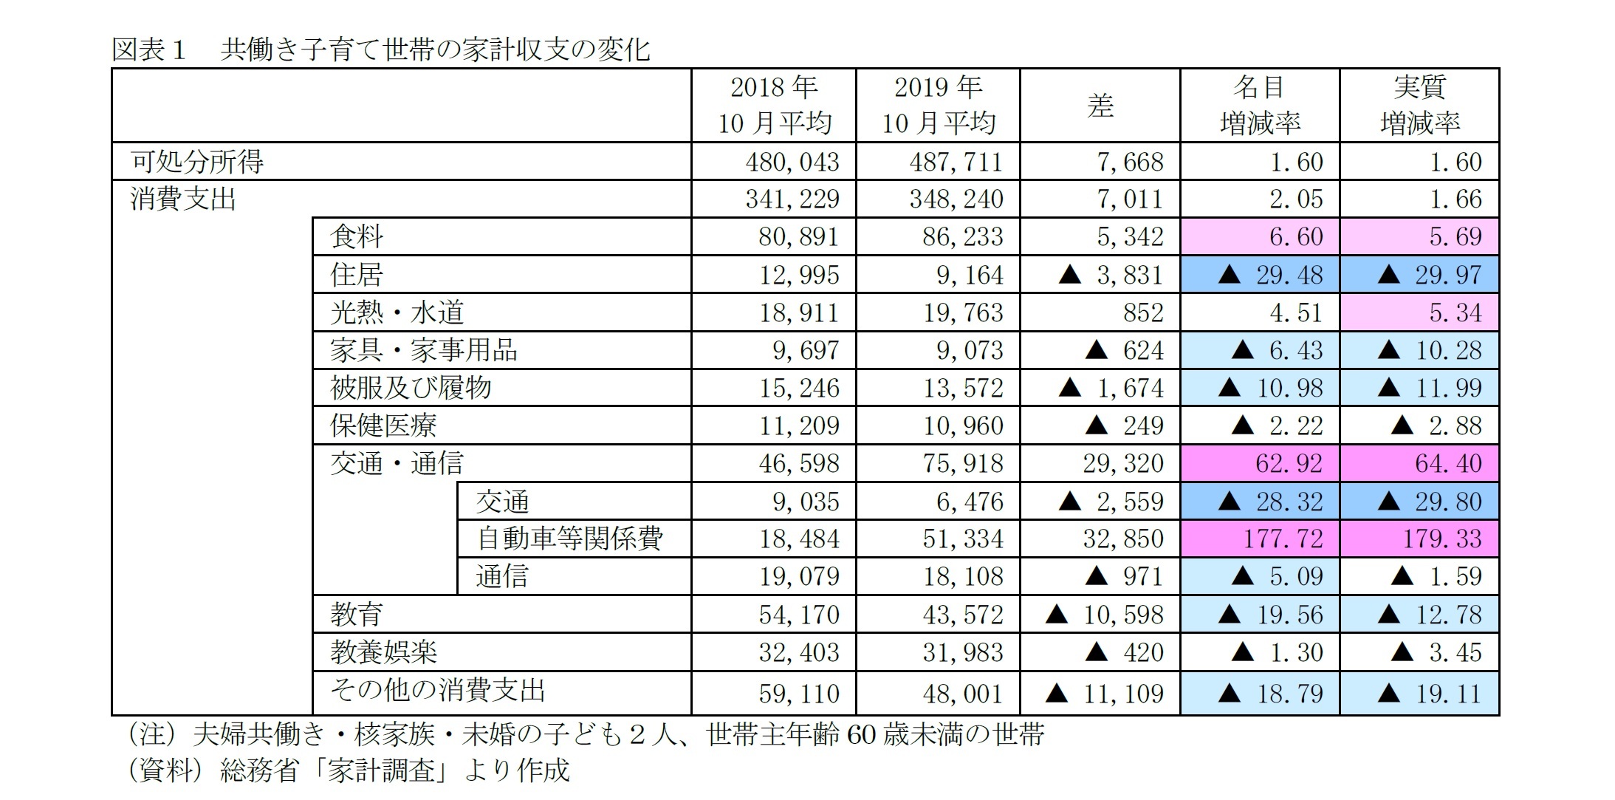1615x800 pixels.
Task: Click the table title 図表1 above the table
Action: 380,49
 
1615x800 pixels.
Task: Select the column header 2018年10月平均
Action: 774,105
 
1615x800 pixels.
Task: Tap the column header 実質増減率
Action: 1419,105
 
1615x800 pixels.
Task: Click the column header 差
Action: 1100,105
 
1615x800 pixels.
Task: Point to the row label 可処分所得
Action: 197,161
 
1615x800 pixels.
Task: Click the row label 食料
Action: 357,236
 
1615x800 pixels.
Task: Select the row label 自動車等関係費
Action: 569,539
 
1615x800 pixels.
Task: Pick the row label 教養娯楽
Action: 383,652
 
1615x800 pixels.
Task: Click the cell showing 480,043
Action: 792,162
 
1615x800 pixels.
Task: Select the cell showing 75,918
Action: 962,463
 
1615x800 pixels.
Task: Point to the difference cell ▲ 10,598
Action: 1104,615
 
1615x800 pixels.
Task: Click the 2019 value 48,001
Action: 962,693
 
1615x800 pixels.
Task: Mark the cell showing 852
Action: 1142,312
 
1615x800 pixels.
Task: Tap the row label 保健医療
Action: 383,425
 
